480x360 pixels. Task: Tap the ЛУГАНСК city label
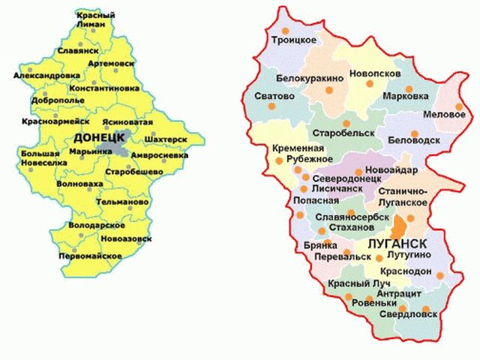(x=397, y=244)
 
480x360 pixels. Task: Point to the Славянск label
(x=78, y=50)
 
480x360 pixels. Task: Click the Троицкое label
(x=294, y=39)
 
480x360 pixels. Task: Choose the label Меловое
(x=445, y=114)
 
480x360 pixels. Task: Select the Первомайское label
(x=91, y=256)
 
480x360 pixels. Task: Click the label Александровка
(x=46, y=76)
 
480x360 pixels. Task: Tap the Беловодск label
(x=414, y=140)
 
